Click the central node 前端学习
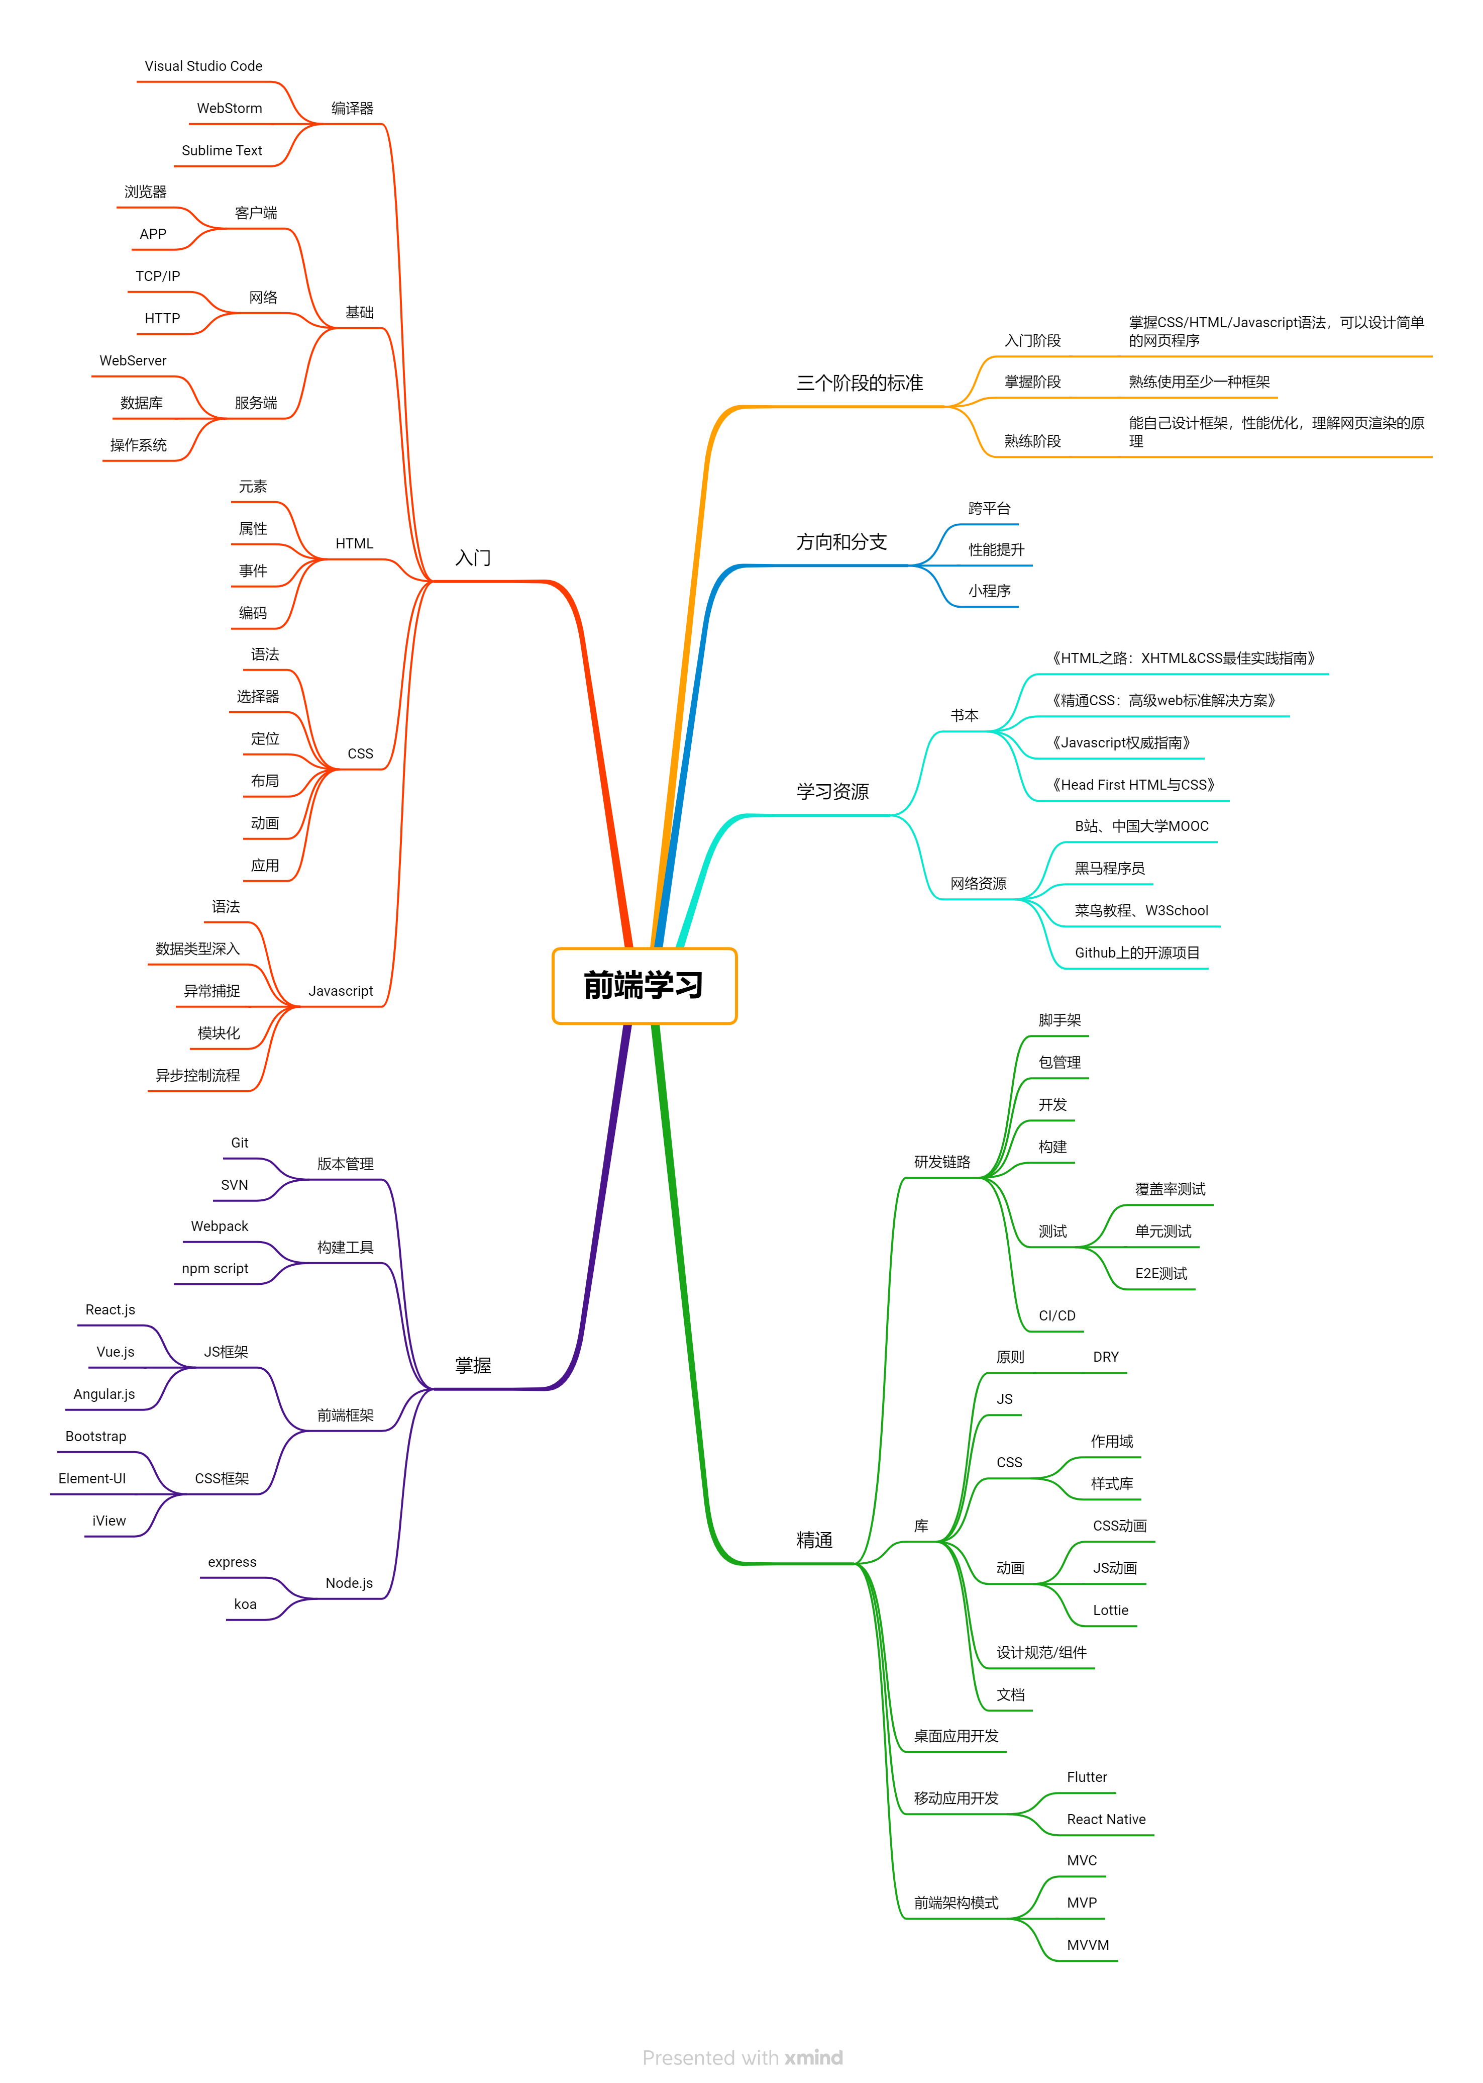pos(644,986)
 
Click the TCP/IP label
pos(158,276)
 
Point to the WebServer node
pos(133,361)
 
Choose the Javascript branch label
pos(341,991)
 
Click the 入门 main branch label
pos(473,557)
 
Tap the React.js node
pos(111,1310)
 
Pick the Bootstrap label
pos(96,1436)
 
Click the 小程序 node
pos(990,591)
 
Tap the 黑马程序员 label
pos(1110,868)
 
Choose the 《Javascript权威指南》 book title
pos(1121,743)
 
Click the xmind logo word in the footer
pos(814,2057)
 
